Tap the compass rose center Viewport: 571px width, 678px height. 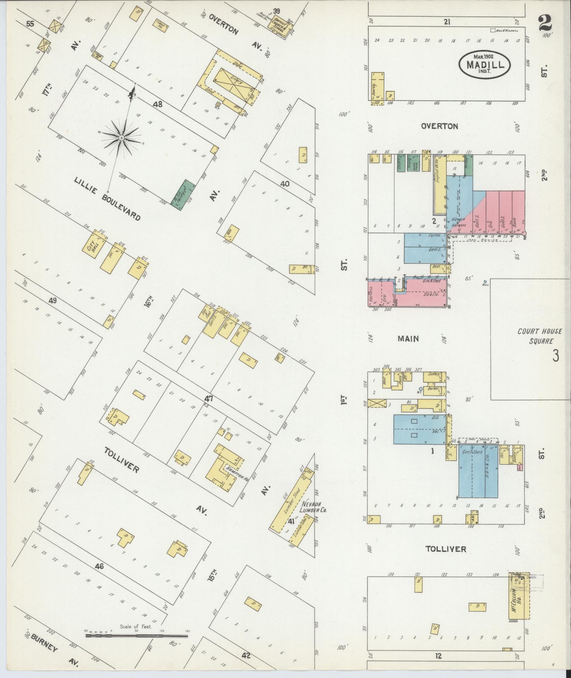121,138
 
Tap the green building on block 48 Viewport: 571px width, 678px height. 183,194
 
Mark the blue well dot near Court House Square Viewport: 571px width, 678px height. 485,282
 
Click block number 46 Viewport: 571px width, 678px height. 99,566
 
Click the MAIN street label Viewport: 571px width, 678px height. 408,339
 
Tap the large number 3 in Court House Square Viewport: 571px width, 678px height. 555,355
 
